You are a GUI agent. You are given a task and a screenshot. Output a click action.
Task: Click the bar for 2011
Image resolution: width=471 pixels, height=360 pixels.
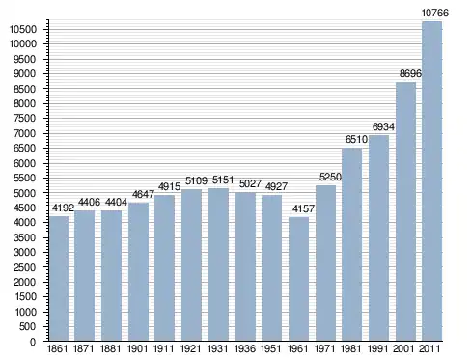431,181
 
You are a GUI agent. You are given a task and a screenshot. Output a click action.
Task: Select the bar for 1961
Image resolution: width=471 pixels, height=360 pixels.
298,279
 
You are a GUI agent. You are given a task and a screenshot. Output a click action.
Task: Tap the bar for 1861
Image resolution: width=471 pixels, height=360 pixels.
59,279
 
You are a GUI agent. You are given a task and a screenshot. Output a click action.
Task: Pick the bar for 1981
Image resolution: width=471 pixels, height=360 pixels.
351,244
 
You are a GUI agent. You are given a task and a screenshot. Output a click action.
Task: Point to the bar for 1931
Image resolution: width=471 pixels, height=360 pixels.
218,264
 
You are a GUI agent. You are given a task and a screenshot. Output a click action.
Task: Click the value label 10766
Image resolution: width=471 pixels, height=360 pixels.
434,13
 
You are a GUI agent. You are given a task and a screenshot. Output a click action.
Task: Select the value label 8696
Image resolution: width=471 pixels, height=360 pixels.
410,73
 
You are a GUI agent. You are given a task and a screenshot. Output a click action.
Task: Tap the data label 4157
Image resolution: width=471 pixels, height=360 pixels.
303,208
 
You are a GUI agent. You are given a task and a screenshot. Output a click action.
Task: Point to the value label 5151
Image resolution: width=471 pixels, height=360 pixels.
223,180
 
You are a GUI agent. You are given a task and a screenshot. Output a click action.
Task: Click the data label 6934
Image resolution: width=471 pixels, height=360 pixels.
383,126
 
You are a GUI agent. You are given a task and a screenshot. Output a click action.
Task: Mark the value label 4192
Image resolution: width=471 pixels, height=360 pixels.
63,208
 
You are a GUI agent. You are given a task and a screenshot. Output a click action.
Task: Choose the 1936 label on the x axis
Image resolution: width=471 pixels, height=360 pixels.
245,348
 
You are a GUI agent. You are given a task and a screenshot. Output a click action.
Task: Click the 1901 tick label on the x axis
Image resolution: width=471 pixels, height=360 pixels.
137,348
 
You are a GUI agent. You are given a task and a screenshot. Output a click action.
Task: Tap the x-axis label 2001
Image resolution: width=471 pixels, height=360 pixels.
403,348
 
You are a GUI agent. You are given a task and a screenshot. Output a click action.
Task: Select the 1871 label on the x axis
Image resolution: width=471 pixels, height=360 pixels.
84,348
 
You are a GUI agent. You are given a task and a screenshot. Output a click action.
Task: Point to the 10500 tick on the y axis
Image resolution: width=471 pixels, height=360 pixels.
23,29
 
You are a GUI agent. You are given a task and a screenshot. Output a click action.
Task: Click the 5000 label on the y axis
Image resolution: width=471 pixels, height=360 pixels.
25,193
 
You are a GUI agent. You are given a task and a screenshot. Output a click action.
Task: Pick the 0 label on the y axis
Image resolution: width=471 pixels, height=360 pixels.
33,342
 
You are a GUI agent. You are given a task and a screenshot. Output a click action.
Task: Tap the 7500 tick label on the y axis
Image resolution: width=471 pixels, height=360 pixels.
25,119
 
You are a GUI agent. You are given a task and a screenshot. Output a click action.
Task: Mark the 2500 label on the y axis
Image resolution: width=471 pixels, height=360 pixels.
25,267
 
